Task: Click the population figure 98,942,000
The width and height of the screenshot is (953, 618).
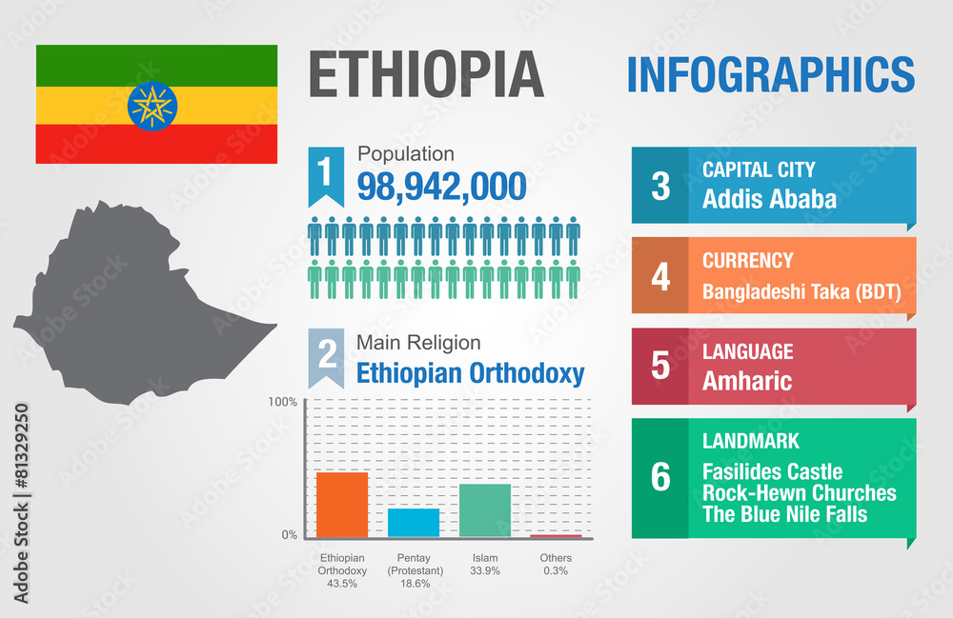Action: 441,187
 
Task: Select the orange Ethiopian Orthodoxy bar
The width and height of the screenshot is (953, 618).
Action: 342,505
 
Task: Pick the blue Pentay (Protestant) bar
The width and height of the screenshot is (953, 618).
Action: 414,523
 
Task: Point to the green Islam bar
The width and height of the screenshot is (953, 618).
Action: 485,510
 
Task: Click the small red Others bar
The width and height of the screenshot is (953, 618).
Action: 556,537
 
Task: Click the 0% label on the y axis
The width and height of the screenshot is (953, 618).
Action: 289,535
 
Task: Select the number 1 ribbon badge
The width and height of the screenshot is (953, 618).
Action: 326,174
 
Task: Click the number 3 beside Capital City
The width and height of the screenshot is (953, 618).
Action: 660,186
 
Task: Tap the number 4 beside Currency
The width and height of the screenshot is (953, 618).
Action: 660,277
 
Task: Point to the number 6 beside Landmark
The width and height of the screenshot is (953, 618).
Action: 660,478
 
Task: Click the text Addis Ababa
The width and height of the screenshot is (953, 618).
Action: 769,199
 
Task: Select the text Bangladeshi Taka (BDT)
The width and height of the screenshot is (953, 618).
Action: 801,292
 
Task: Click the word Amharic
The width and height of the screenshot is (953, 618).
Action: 747,381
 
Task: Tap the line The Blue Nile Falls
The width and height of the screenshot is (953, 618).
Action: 785,514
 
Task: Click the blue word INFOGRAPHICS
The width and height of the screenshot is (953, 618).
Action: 770,74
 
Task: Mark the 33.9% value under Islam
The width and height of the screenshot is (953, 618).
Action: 485,570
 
